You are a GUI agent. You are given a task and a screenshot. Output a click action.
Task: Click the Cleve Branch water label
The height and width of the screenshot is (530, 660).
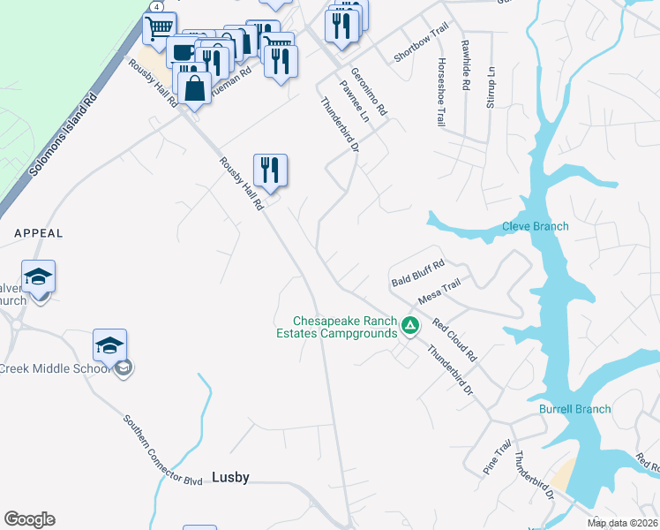click(x=536, y=226)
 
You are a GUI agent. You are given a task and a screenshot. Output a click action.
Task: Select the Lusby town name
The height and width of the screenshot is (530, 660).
click(x=231, y=477)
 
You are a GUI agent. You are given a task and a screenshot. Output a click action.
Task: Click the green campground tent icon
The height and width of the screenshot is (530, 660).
click(x=409, y=326)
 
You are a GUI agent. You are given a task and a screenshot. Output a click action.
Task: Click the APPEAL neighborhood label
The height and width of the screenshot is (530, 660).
click(x=39, y=233)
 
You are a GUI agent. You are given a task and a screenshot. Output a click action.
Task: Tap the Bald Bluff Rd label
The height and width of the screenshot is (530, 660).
click(x=418, y=273)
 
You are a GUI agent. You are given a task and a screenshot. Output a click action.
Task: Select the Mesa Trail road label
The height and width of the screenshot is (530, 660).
click(x=439, y=291)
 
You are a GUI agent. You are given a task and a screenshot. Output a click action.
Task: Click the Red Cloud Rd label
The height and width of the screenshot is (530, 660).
click(x=454, y=341)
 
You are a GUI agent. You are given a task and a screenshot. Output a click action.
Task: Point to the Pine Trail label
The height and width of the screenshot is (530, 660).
click(x=497, y=459)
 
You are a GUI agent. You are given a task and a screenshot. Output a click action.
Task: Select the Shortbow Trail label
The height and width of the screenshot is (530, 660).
click(x=416, y=45)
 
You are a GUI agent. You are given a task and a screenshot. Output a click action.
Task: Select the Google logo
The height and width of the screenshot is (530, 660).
click(x=29, y=519)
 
